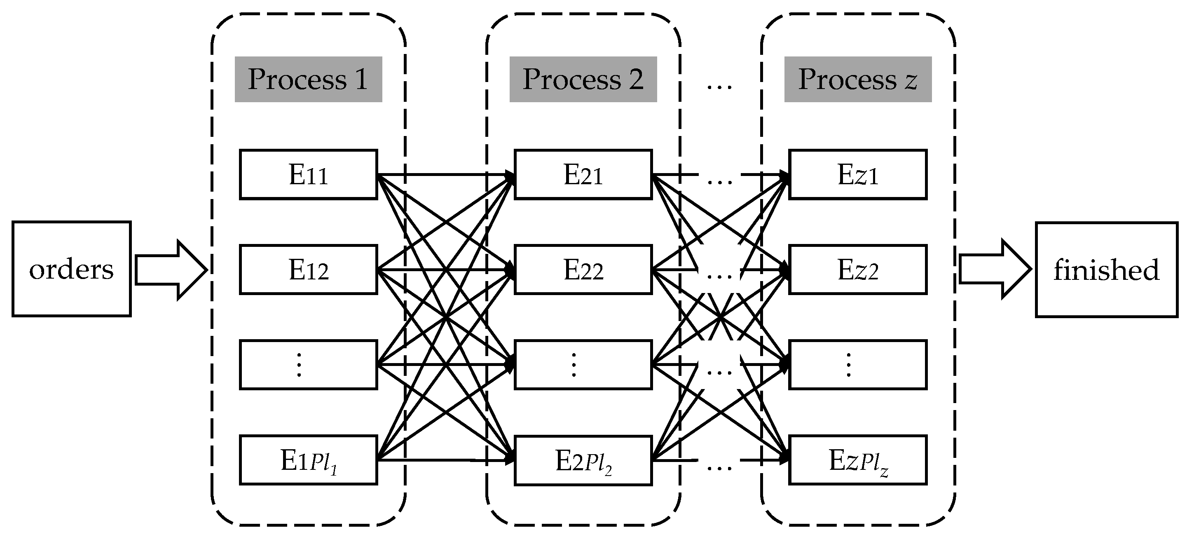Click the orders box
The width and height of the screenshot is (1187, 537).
click(x=71, y=269)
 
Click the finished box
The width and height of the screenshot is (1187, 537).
click(x=1106, y=270)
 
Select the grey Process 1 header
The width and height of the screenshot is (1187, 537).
click(x=308, y=79)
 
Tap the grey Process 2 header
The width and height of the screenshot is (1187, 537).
click(x=583, y=79)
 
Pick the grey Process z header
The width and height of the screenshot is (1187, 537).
click(x=857, y=79)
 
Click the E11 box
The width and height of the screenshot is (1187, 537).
click(x=308, y=174)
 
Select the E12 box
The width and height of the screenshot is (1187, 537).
click(x=308, y=270)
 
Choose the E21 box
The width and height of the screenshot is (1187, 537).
click(x=583, y=174)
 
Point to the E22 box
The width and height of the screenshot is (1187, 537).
click(x=583, y=270)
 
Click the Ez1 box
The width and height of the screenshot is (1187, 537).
click(x=857, y=174)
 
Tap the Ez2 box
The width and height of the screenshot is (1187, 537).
click(x=857, y=270)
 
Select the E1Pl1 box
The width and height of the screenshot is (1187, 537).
click(x=308, y=460)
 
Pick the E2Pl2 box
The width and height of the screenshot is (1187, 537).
click(x=583, y=460)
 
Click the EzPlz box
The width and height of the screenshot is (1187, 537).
click(x=857, y=460)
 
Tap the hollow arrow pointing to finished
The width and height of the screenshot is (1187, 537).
click(x=995, y=269)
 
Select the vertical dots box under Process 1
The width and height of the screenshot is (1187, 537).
click(x=308, y=365)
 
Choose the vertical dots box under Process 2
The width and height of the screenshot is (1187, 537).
click(x=583, y=365)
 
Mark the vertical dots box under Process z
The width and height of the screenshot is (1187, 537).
click(x=857, y=365)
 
